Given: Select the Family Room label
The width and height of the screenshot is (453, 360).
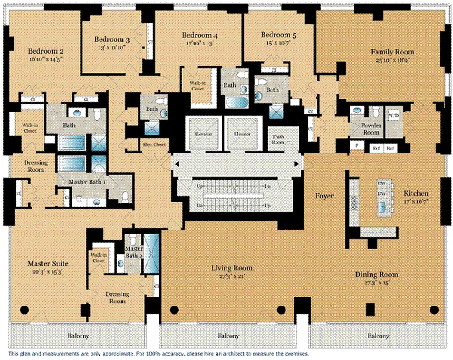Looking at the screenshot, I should (392, 52).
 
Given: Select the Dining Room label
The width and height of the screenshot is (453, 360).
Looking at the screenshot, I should (376, 274).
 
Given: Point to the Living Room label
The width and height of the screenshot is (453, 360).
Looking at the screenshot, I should (232, 268).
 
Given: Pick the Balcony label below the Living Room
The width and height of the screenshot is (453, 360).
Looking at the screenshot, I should (228, 336).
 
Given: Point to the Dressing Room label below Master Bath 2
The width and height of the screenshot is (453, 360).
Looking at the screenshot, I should (117, 297).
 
